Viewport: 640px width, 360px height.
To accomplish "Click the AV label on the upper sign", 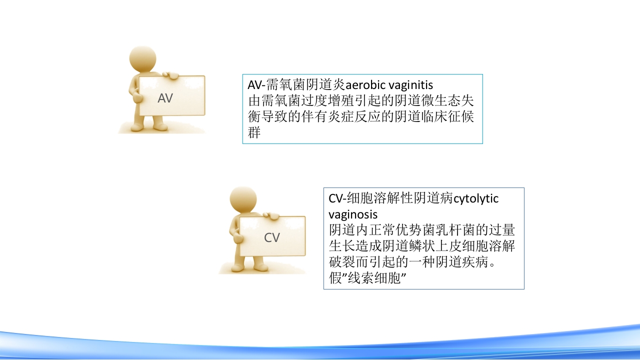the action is click(x=165, y=98).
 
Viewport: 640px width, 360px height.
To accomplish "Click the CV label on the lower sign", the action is click(x=271, y=237).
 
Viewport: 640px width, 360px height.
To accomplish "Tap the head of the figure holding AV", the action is click(x=142, y=58).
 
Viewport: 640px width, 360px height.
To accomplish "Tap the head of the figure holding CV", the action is click(x=243, y=199).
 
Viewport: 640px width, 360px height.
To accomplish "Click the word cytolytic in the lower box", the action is click(x=476, y=199).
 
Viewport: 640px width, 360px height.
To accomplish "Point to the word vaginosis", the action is click(x=353, y=215).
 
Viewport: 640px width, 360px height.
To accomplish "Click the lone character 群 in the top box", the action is click(x=254, y=133).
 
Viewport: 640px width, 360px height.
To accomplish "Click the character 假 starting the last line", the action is click(x=335, y=278).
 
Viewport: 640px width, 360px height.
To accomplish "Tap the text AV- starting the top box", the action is click(x=256, y=85).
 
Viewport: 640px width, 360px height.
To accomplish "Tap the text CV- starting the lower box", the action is click(x=337, y=198).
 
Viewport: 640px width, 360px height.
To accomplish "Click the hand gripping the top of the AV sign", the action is click(x=170, y=75).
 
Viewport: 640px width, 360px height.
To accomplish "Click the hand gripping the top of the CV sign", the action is click(x=271, y=216).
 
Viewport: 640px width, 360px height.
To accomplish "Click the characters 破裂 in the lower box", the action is click(x=342, y=262).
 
